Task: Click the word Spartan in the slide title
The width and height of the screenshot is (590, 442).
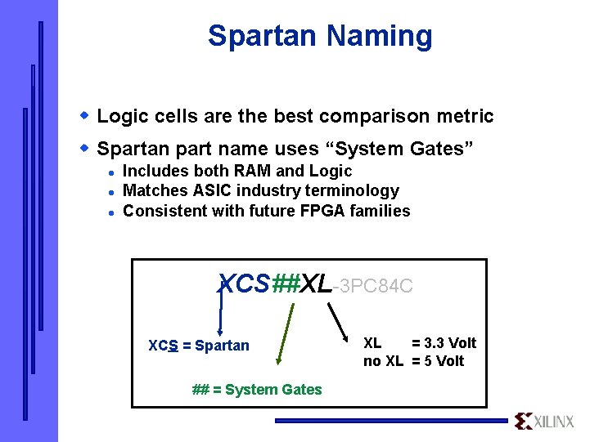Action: click(x=262, y=36)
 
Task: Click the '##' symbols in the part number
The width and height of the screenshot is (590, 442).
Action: click(x=286, y=284)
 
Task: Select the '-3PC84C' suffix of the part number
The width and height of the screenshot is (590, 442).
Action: click(x=373, y=286)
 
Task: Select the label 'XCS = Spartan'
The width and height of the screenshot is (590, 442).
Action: click(x=199, y=346)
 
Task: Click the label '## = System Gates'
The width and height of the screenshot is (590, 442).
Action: click(x=257, y=390)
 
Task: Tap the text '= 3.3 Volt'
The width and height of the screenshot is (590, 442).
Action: click(x=444, y=343)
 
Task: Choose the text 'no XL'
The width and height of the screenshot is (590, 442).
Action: click(x=383, y=361)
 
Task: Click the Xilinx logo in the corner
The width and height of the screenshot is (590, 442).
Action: click(x=544, y=421)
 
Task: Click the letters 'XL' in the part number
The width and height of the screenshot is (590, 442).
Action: click(x=317, y=284)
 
